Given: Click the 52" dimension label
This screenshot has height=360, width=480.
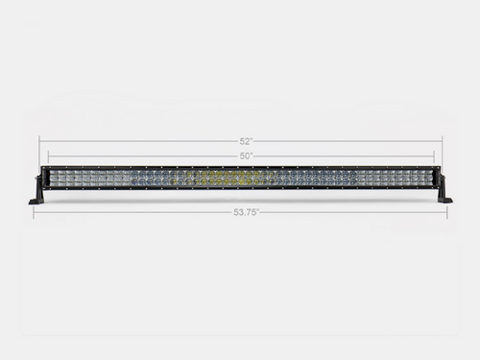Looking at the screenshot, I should tap(241, 141).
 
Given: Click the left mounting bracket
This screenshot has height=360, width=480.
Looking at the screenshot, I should tap(37, 191).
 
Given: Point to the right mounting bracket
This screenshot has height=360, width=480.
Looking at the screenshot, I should tap(444, 191).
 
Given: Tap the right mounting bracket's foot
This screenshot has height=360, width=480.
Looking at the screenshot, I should tap(445, 200).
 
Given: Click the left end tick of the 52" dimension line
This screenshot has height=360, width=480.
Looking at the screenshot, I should tap(39, 141).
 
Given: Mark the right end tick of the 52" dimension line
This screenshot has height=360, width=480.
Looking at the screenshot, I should tap(443, 141).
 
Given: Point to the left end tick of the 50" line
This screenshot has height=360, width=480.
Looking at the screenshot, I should tap(47, 156).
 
